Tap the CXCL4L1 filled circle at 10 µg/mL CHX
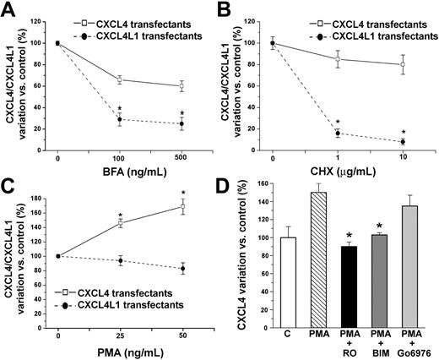[x=403, y=141]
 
